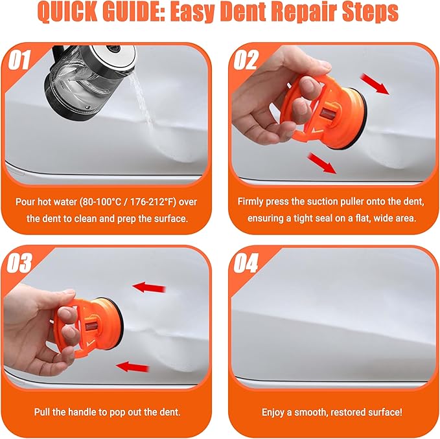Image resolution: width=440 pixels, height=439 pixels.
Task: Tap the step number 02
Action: [246, 60]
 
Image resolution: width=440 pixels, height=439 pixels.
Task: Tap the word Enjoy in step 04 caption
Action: [274, 412]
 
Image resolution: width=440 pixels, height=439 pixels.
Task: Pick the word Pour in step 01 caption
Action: [27, 201]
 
